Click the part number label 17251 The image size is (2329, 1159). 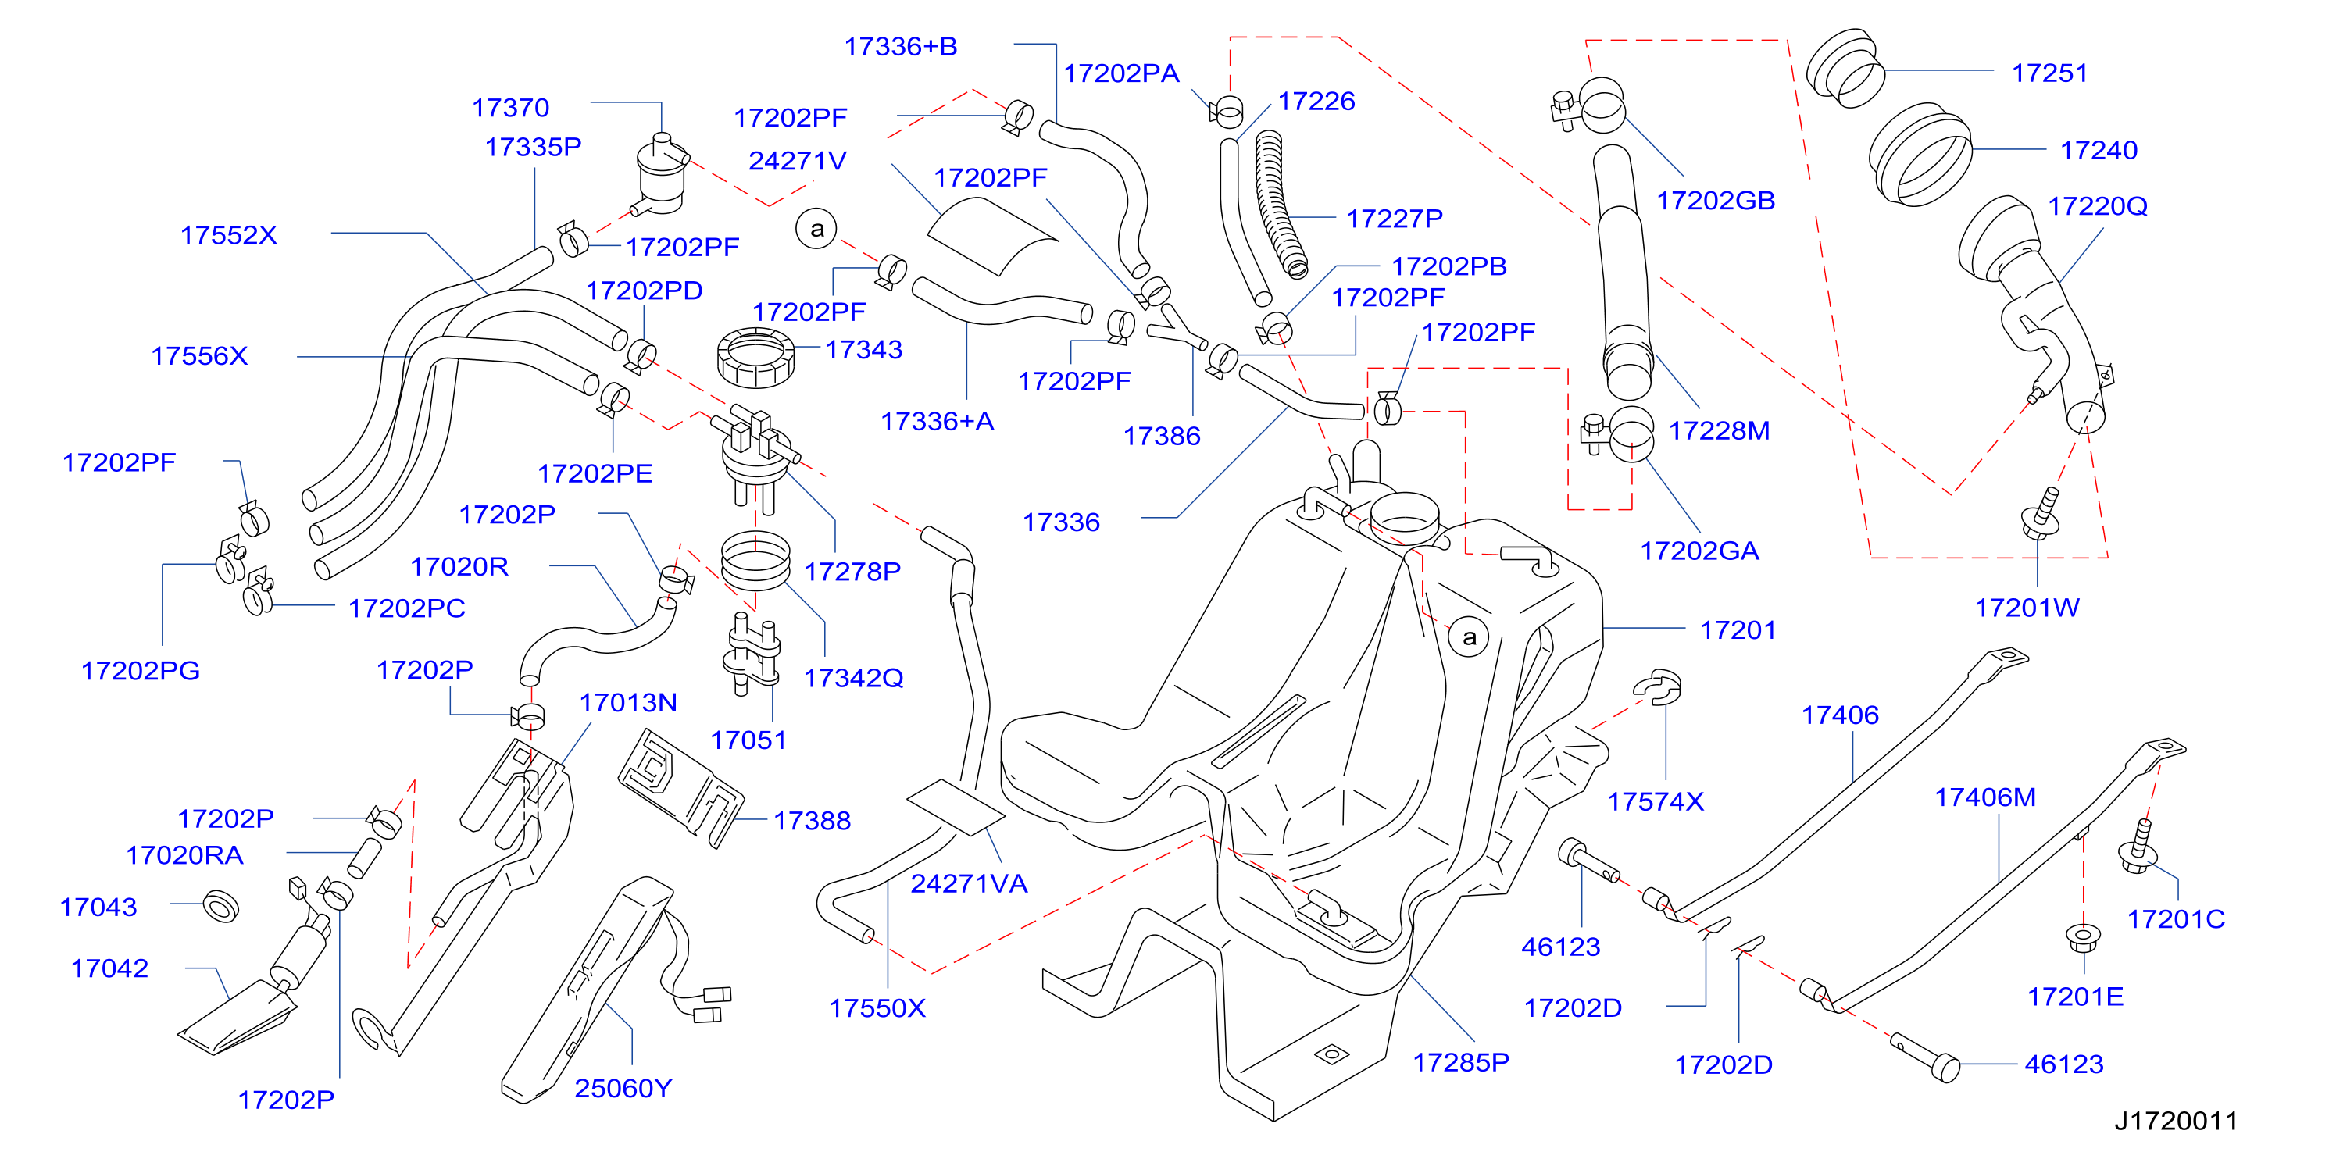[x=2049, y=73]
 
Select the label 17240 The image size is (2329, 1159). [x=2099, y=150]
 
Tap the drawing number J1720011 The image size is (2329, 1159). [x=2175, y=1121]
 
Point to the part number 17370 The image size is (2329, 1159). [x=511, y=108]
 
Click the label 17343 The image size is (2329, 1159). [x=863, y=349]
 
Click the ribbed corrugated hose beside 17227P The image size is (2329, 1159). [x=1282, y=203]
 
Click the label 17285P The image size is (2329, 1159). [x=1461, y=1062]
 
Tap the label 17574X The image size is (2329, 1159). [x=1656, y=802]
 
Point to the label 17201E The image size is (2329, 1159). [x=2075, y=997]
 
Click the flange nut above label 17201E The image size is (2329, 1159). [x=2083, y=936]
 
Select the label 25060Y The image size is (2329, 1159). [x=623, y=1089]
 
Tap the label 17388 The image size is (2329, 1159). [x=812, y=821]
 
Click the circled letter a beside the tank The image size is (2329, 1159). [x=1469, y=637]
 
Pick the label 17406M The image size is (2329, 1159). [x=1984, y=797]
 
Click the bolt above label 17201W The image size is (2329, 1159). [x=2041, y=512]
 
